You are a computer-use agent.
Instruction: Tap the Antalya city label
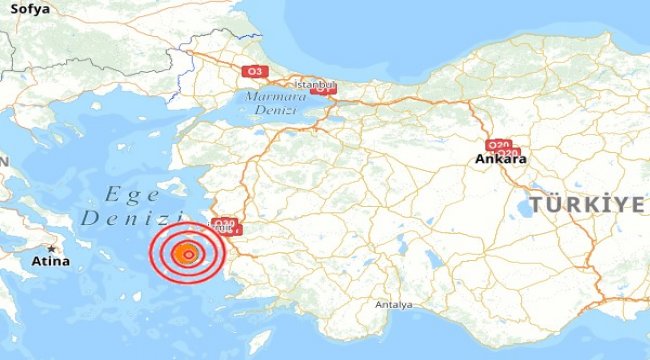pos(393,303)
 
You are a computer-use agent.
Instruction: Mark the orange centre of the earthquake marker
pos(187,256)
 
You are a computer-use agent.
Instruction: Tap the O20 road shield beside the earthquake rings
pos(225,224)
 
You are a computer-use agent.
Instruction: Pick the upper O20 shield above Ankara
pos(498,143)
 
